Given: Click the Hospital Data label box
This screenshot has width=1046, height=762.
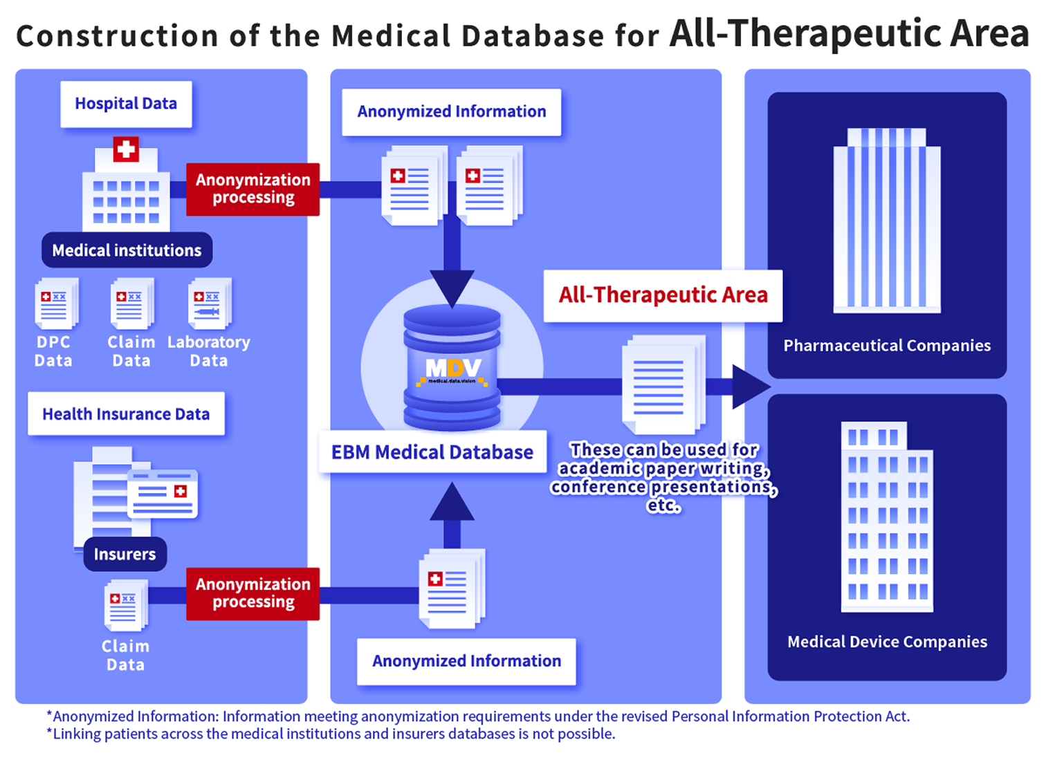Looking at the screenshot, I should [126, 104].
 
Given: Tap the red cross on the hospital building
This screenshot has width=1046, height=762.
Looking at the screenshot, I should [126, 149].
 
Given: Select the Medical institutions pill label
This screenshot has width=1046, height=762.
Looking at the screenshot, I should [127, 250].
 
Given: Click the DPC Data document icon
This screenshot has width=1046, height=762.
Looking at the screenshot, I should [55, 303].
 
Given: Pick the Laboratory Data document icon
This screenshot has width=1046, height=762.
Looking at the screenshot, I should [209, 303].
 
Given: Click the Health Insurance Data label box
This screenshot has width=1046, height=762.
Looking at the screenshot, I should [126, 413].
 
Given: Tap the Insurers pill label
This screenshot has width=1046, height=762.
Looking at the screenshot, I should [125, 554].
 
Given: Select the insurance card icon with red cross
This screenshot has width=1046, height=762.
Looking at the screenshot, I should [163, 494].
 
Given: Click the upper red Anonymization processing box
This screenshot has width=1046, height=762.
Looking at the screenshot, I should [253, 189].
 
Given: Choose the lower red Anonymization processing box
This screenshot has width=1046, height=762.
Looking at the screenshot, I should [253, 593].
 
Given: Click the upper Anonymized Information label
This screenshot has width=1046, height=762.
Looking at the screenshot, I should [451, 111].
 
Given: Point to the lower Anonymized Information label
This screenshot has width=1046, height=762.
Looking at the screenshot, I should [466, 661].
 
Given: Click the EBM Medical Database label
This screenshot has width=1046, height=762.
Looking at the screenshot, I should [432, 452].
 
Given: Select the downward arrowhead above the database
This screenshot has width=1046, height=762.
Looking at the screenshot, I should [452, 287].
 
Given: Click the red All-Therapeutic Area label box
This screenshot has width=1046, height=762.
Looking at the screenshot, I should [663, 295].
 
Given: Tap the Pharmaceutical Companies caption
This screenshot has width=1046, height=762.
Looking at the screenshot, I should [887, 346].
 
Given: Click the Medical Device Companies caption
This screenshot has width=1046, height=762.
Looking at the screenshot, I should [887, 642].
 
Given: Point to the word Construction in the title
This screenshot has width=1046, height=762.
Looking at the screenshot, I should [117, 36].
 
